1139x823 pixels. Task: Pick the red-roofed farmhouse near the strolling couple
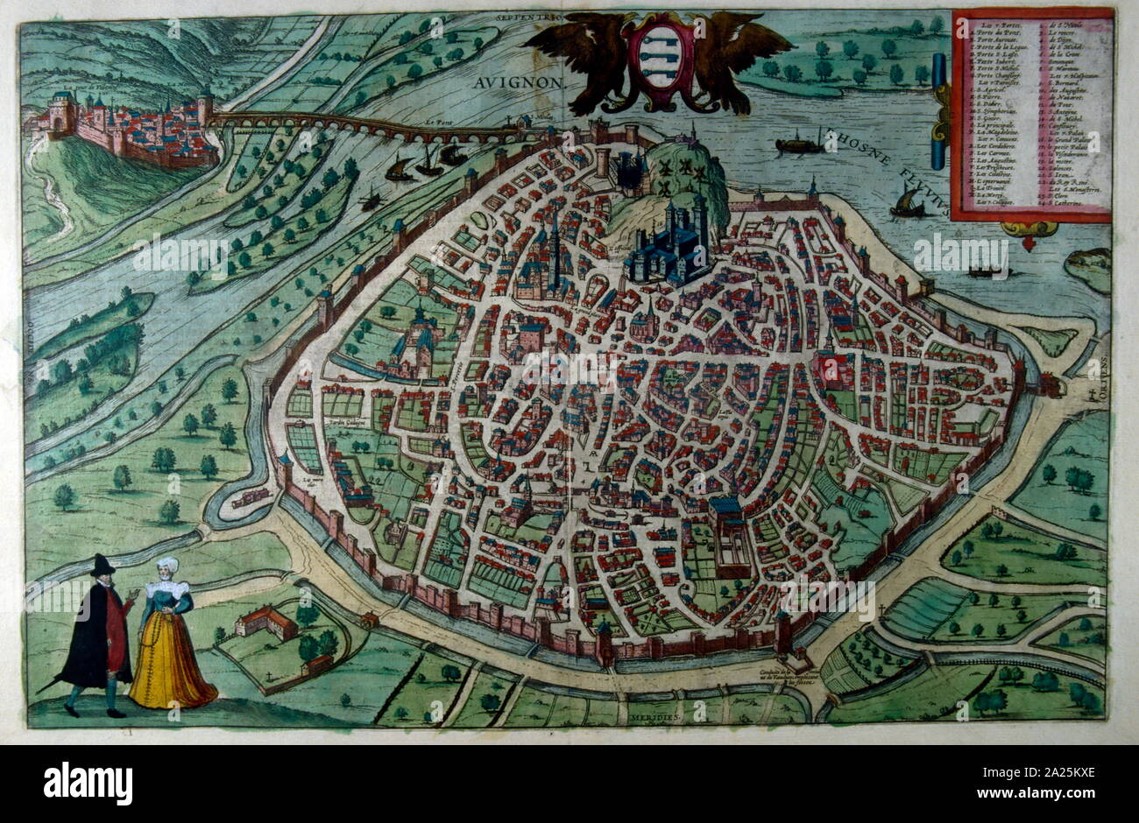265,624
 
